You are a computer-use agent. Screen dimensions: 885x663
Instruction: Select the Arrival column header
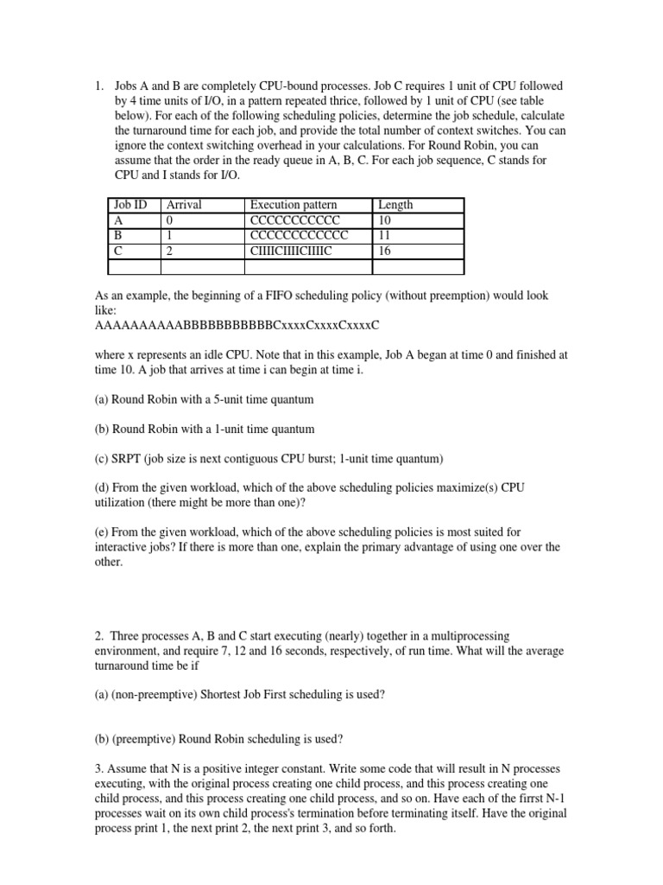point(183,205)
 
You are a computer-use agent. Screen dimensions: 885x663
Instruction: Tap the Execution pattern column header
point(297,205)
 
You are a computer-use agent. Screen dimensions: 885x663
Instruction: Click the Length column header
point(395,205)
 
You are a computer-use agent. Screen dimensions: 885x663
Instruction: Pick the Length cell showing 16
point(385,251)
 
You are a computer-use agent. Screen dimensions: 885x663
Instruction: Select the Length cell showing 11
point(385,236)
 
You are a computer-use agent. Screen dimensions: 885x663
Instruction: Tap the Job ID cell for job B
point(119,236)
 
